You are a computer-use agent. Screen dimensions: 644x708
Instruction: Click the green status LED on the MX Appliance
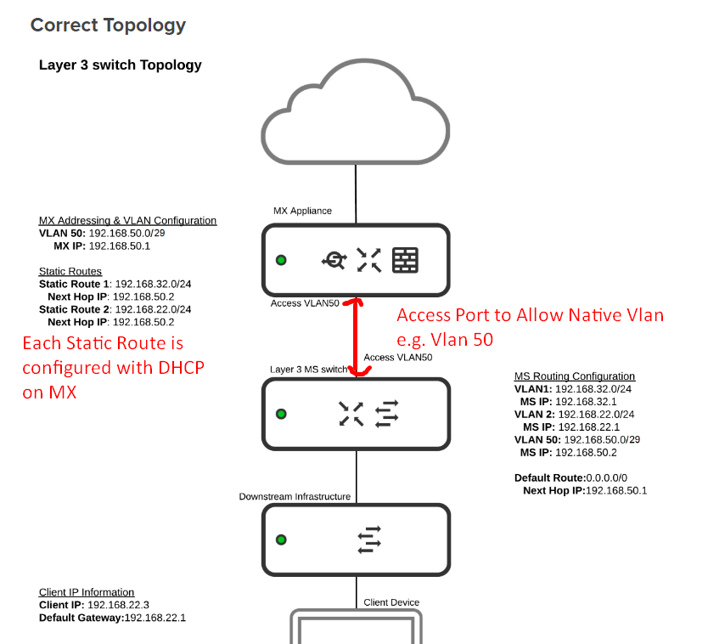(281, 260)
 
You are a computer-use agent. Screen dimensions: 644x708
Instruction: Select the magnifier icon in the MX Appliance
(334, 261)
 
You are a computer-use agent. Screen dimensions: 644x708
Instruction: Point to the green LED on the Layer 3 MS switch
(281, 414)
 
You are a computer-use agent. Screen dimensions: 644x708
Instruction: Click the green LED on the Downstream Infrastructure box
(281, 539)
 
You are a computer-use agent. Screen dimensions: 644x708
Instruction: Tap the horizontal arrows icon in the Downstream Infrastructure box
(369, 539)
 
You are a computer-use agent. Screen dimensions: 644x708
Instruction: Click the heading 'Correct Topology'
(108, 25)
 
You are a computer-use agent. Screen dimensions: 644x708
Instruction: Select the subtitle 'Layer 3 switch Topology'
(120, 65)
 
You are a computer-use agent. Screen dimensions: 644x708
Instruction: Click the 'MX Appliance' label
(302, 211)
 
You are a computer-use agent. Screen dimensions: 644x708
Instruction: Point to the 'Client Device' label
(391, 602)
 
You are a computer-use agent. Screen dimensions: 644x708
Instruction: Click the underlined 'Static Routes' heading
(70, 272)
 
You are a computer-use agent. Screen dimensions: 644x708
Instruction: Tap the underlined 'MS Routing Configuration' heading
(575, 376)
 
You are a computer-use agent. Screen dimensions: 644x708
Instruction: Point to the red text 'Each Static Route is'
(103, 344)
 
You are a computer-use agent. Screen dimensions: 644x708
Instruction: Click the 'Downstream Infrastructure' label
(295, 496)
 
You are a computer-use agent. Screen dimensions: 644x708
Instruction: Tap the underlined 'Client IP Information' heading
(87, 592)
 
